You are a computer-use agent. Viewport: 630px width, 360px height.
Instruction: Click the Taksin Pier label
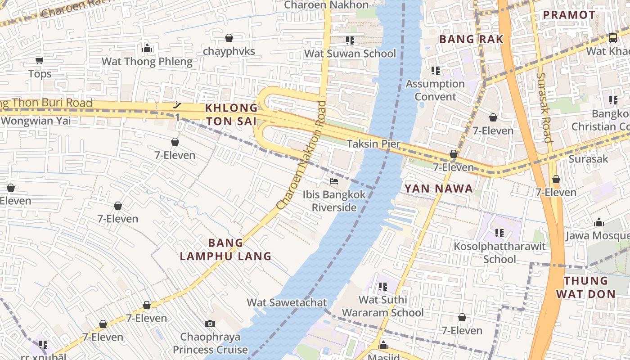373,144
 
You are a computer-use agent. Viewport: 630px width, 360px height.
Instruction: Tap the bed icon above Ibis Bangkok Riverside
334,181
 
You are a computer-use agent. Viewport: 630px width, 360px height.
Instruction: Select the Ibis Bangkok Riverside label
334,201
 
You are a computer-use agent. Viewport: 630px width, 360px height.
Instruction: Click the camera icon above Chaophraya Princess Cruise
210,324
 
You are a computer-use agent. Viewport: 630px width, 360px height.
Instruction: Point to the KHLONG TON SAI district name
231,114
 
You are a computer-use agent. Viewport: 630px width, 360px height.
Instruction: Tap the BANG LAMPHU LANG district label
225,250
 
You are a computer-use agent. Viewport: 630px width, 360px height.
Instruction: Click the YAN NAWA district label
439,189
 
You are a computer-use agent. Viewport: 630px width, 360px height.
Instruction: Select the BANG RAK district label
471,39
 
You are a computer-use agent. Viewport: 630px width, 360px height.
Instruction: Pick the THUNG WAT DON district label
585,288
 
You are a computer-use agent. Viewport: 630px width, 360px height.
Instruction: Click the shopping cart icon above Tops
39,60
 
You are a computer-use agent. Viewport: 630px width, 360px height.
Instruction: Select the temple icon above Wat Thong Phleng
147,48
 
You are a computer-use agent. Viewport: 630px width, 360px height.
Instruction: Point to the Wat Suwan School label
350,54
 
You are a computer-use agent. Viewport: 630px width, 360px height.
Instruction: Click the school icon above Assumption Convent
435,70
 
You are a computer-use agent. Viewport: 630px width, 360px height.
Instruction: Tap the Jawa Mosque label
597,236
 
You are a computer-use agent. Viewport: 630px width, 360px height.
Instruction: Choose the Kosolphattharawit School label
499,252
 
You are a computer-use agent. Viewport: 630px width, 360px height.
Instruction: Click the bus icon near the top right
612,38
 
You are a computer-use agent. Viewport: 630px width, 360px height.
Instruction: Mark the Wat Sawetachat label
287,302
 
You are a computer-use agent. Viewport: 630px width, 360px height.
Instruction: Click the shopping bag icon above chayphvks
229,38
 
